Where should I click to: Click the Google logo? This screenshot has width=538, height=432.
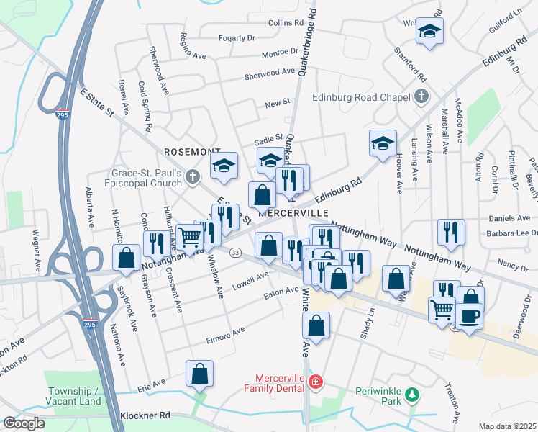pos(24,423)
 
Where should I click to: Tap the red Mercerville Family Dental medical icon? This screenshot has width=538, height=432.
pos(314,380)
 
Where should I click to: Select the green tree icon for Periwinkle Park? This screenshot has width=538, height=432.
pos(411,394)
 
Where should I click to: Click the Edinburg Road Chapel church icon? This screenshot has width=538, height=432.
pos(422,96)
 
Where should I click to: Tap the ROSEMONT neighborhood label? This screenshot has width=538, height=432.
pos(191,152)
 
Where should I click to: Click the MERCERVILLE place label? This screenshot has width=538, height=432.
pos(293,214)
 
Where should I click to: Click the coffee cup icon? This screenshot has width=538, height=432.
pos(469,316)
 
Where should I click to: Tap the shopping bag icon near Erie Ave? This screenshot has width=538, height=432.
pos(199,373)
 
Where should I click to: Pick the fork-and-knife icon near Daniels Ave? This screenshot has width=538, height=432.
pos(451,231)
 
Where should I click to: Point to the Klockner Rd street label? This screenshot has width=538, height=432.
pos(145,415)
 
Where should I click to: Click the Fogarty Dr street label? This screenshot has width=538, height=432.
pos(236,38)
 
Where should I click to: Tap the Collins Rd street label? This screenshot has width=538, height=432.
pos(286,23)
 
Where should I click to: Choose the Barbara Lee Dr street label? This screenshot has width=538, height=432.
pos(512,233)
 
